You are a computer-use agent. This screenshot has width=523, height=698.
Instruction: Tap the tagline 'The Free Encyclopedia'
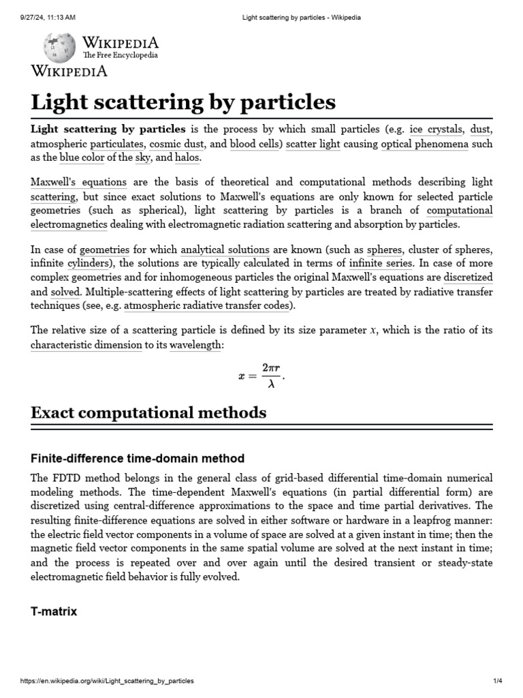[121, 55]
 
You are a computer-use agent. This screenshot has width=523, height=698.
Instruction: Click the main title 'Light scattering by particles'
[183, 102]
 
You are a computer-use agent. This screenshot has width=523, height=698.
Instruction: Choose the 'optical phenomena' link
[424, 145]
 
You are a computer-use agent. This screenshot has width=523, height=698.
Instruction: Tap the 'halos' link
[187, 158]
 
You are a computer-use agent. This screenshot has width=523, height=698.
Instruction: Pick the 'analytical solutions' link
[225, 250]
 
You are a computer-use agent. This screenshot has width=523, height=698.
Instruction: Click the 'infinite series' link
[381, 264]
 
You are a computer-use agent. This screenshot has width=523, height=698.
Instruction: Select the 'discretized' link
[468, 277]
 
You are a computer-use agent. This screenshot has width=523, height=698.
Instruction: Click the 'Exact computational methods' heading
[148, 412]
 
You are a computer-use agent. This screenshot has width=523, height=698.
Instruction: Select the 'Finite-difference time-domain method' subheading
[137, 458]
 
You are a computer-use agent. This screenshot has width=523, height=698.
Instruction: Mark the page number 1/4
[497, 681]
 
